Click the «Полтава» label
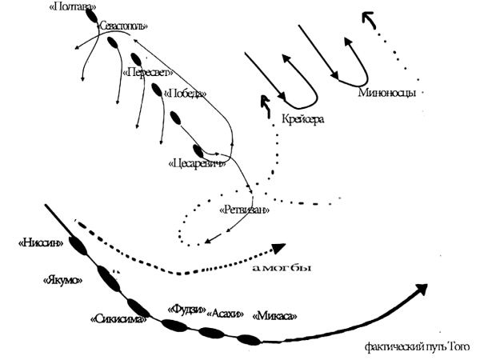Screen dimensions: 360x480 tap(70, 7)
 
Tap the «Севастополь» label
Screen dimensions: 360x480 tap(123, 26)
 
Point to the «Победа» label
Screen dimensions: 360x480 tap(184, 94)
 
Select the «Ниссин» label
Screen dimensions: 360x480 tap(40, 242)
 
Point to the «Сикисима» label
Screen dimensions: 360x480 tap(118, 320)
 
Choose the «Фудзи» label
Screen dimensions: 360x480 tap(185, 308)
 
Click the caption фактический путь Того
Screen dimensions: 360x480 tap(417, 346)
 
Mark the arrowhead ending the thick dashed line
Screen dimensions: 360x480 tap(278, 249)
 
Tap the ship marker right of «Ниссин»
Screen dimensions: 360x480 tap(78, 246)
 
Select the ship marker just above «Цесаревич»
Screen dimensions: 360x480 tap(198, 149)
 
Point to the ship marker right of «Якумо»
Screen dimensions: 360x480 tap(108, 278)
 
